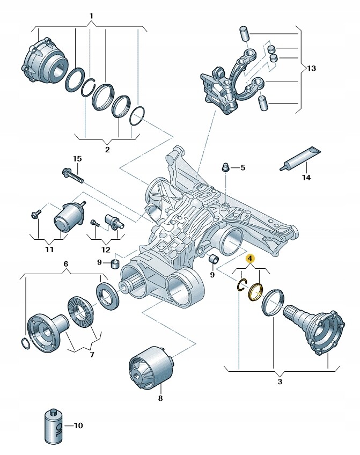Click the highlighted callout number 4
249,259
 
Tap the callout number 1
91,16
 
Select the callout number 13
312,68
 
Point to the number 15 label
77,159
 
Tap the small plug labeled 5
226,168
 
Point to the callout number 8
160,398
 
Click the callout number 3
280,381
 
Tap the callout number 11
49,249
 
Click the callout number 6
66,264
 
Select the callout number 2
107,149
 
